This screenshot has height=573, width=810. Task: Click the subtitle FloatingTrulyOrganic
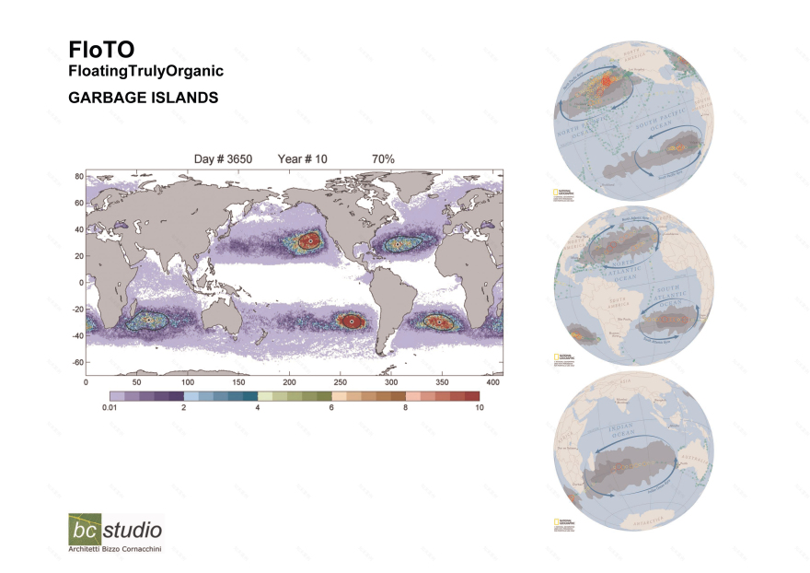[x=145, y=71]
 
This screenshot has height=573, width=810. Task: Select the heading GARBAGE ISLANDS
[x=143, y=97]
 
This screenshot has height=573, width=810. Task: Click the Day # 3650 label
[x=223, y=159]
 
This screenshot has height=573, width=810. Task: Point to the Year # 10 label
[x=302, y=159]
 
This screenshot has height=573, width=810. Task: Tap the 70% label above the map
[x=383, y=159]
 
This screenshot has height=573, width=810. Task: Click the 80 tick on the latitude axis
[x=79, y=175]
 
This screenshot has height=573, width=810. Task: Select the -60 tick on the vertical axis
[x=77, y=362]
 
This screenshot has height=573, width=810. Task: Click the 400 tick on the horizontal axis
[x=493, y=381]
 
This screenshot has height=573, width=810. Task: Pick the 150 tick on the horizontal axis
[x=238, y=381]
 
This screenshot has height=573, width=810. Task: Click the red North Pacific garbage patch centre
[x=311, y=240]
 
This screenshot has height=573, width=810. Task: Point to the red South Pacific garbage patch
[x=350, y=321]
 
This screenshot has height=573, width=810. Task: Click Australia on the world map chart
[x=214, y=312]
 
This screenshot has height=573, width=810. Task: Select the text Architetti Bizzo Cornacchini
[x=115, y=551]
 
